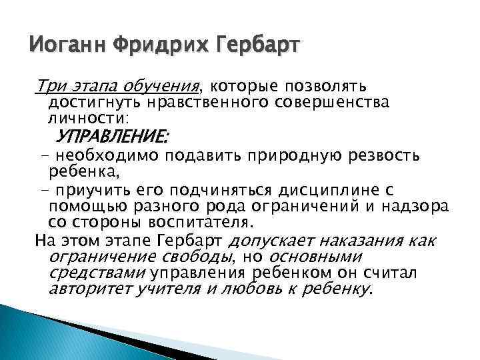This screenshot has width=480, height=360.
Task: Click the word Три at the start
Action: point(51,86)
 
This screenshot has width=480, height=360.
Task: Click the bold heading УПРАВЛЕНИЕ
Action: point(113,137)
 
